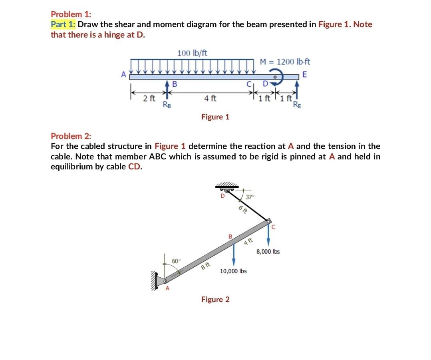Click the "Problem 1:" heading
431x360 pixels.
click(71, 14)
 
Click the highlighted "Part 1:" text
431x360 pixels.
click(63, 24)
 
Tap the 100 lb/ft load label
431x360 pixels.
click(192, 53)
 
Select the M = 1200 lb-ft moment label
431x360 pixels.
click(285, 62)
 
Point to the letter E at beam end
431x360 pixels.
click(305, 74)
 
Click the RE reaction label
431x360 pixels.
click(297, 105)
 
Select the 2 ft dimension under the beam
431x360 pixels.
click(149, 98)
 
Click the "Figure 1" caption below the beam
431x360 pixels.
click(215, 117)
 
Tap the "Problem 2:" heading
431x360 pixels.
click(71, 136)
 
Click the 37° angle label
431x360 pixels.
click(250, 197)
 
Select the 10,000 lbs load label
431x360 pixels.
click(233, 271)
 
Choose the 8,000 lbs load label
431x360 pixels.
click(268, 252)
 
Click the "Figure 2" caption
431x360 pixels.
click(215, 299)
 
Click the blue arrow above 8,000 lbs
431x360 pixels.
click(268, 236)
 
